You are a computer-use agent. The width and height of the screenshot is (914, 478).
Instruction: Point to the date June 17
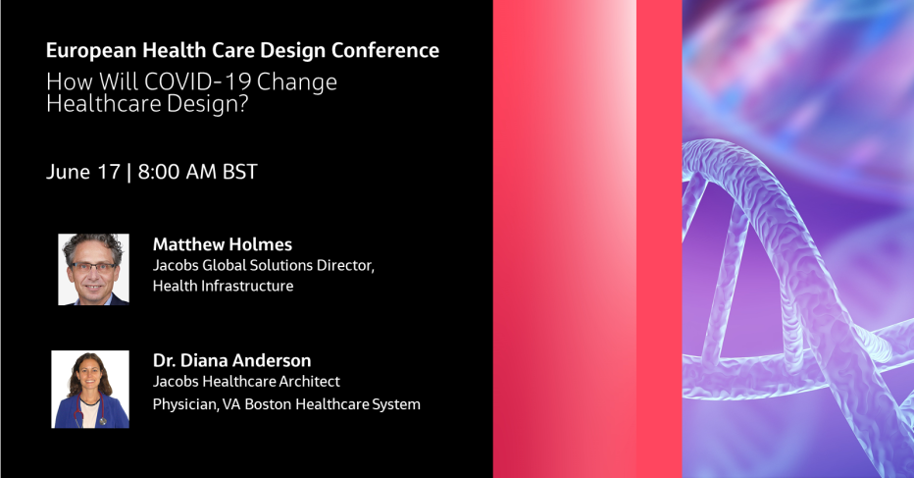tap(82, 172)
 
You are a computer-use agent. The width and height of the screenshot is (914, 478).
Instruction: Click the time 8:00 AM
tap(178, 172)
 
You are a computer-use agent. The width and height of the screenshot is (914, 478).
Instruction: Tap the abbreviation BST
tap(240, 172)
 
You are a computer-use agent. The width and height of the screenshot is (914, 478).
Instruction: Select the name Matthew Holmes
tap(222, 244)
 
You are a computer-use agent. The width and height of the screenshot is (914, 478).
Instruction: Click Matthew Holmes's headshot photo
tap(93, 269)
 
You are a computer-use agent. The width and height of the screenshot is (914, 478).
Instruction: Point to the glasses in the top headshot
tap(93, 265)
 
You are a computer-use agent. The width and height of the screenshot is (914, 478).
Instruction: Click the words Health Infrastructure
tap(223, 286)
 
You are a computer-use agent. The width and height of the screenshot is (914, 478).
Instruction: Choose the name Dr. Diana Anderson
tap(231, 360)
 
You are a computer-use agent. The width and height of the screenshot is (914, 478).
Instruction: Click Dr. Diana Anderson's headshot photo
tap(90, 389)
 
